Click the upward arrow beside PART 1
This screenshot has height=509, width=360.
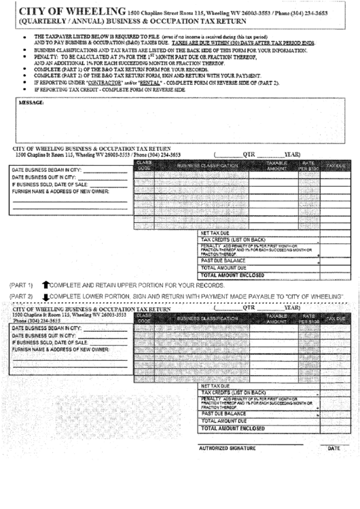[x=46, y=285]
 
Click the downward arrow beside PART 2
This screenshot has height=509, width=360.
[x=46, y=297]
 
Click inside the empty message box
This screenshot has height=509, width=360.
[x=179, y=122]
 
